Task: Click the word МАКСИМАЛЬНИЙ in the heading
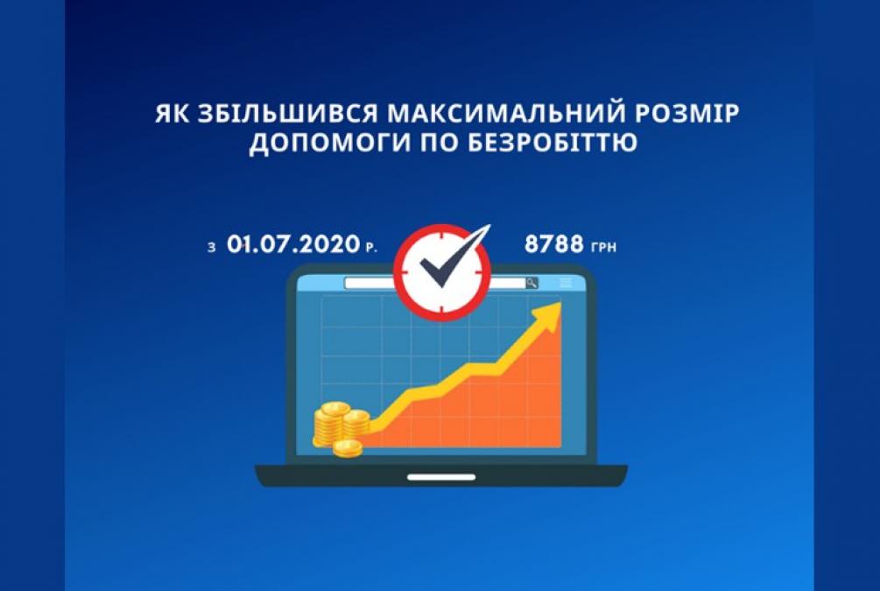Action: click(505, 114)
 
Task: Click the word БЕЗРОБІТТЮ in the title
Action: click(553, 142)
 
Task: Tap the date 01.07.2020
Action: click(293, 244)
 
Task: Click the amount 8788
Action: click(554, 244)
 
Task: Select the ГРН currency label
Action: click(604, 247)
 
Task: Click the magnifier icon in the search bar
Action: click(532, 283)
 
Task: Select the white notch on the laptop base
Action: click(441, 477)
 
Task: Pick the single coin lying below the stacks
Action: click(348, 448)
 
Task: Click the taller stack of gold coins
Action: click(331, 425)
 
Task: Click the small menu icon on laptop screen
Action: click(566, 283)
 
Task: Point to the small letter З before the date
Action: click(212, 248)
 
